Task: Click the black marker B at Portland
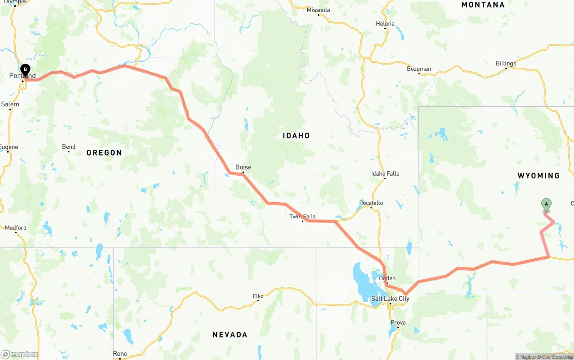point(26,69)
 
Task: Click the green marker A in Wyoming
point(546,204)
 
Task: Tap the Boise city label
point(243,167)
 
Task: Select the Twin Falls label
point(302,217)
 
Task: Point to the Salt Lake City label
point(390,299)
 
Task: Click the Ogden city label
point(387,278)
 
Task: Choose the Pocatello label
point(371,203)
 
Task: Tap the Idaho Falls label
point(385,173)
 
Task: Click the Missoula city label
point(318,10)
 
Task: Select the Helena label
point(385,24)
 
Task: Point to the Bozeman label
point(419,69)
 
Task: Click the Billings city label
point(506,63)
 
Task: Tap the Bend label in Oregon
point(69,147)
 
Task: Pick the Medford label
point(16,228)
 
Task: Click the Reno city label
point(120,354)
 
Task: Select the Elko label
point(258,296)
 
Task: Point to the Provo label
point(398,322)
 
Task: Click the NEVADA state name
point(230,334)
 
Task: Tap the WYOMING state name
point(539,176)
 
